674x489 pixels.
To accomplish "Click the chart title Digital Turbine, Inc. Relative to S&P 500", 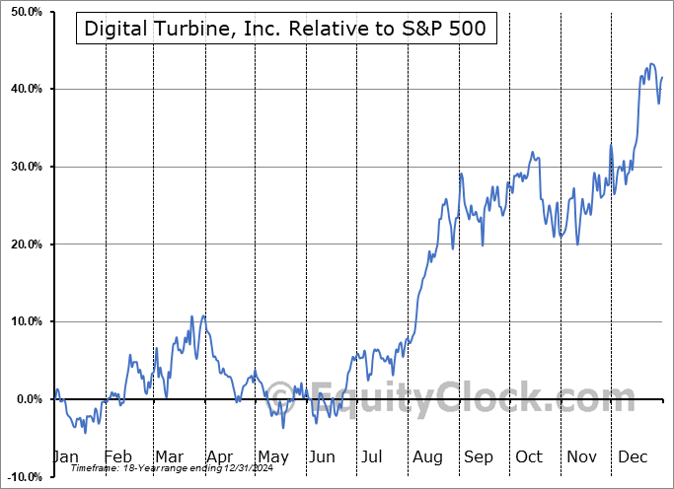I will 284,29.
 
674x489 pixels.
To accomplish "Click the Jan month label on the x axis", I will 64,457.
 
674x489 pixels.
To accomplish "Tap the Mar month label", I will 169,457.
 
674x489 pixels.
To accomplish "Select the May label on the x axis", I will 272,457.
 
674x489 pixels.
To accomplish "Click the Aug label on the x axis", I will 427,457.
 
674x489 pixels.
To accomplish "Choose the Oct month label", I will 530,457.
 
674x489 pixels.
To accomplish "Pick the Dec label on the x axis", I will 634,457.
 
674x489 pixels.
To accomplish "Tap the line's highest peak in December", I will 650,64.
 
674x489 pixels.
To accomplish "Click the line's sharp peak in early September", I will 461,174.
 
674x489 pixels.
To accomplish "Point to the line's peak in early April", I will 204,315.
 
